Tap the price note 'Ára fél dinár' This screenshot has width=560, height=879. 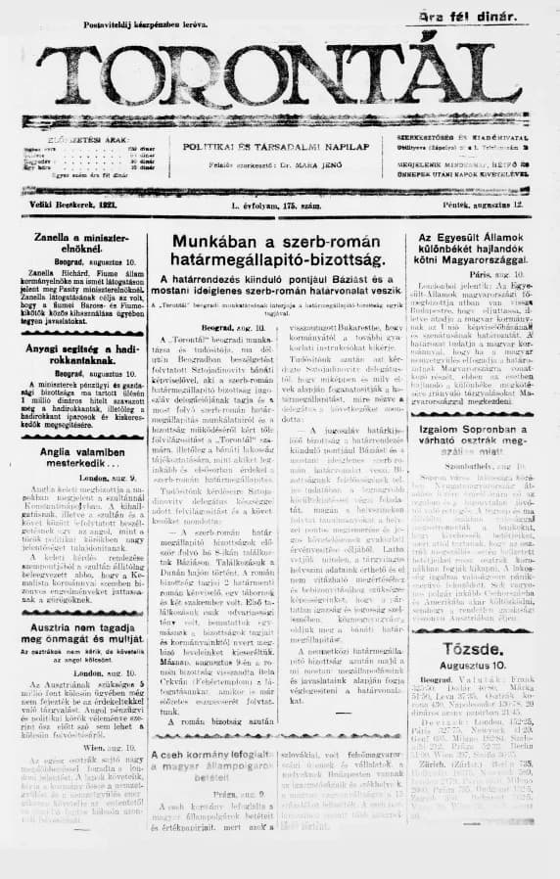click(494, 16)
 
